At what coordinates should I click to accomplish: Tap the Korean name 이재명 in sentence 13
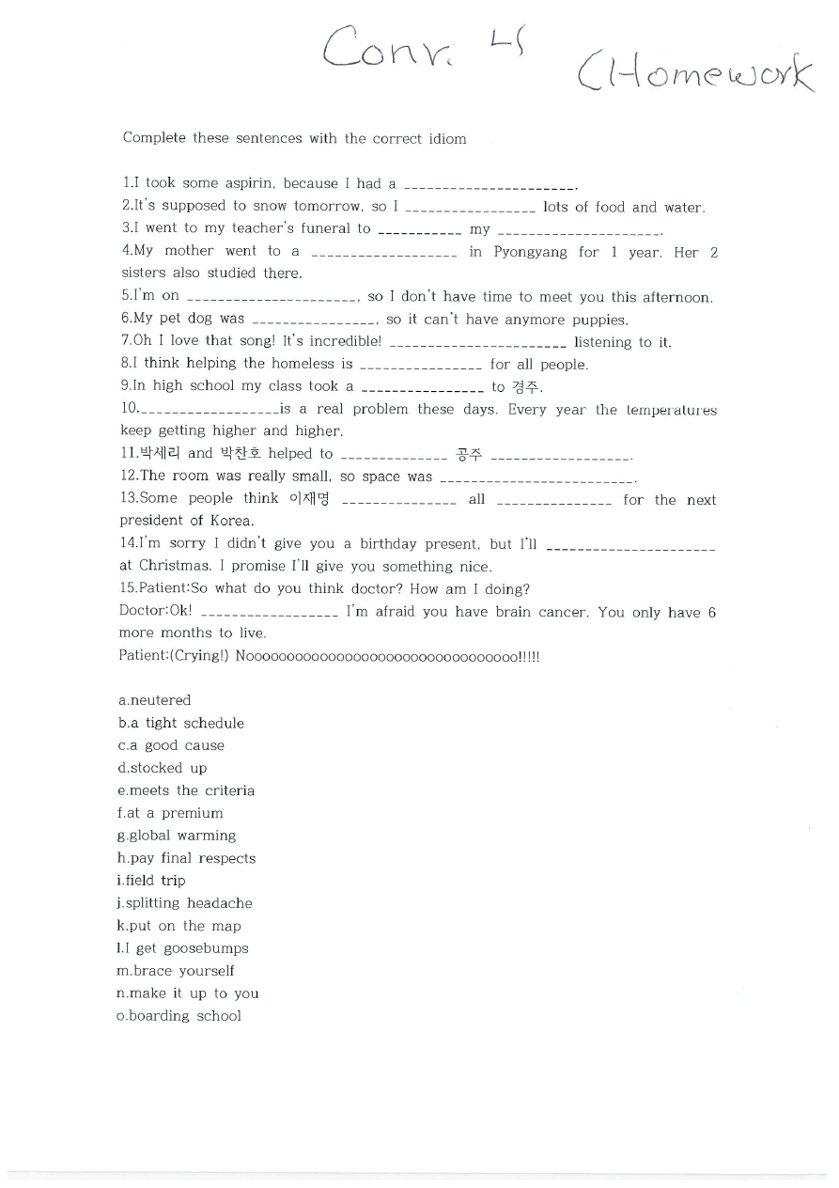pos(309,499)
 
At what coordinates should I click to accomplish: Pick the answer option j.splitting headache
pos(184,903)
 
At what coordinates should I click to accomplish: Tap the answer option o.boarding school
pos(179,1016)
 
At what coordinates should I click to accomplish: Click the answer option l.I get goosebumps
pos(182,948)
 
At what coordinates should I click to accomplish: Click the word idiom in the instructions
pos(447,138)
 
